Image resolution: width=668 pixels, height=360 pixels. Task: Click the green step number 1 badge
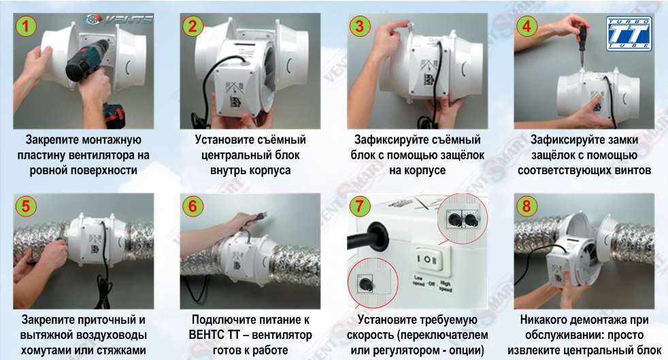[26, 27]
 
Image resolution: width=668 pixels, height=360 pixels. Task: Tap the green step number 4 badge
[527, 27]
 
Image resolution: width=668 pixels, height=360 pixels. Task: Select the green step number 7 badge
[360, 206]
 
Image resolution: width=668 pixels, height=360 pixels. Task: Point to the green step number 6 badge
[193, 206]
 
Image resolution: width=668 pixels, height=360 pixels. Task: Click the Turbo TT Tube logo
[629, 34]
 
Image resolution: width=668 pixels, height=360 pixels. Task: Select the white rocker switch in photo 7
[427, 259]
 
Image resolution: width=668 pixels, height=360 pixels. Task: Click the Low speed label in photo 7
[419, 280]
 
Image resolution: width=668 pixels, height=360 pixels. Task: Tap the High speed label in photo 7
[445, 286]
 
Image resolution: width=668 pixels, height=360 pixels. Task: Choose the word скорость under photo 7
[371, 336]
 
